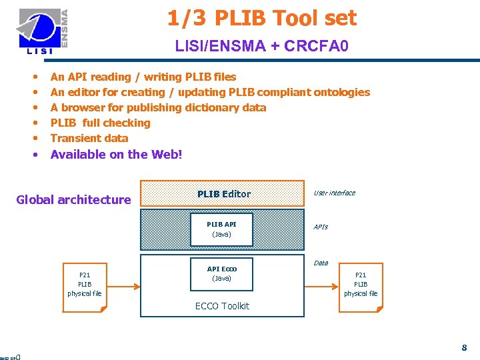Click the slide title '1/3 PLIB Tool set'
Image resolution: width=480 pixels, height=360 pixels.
pyautogui.click(x=262, y=19)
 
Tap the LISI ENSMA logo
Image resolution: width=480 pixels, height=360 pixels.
pyautogui.click(x=43, y=31)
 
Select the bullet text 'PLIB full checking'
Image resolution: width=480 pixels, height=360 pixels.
pyautogui.click(x=101, y=123)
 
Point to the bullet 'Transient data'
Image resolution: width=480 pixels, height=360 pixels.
pyautogui.click(x=89, y=138)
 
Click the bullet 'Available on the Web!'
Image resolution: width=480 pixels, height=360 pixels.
pyautogui.click(x=116, y=154)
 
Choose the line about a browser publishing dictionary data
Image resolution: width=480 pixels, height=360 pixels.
pyautogui.click(x=158, y=107)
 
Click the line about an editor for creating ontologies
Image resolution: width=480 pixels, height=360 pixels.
pyautogui.click(x=210, y=92)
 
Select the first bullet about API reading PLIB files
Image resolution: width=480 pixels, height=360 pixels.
pyautogui.click(x=143, y=77)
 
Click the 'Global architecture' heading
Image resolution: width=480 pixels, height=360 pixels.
pyautogui.click(x=73, y=199)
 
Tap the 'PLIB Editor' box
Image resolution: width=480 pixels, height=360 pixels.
pyautogui.click(x=223, y=194)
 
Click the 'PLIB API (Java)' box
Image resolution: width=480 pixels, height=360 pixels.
pyautogui.click(x=221, y=229)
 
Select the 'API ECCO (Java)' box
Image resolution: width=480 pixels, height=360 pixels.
pyautogui.click(x=221, y=273)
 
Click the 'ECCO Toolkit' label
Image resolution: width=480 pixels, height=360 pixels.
pyautogui.click(x=222, y=306)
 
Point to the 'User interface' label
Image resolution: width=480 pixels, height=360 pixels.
pyautogui.click(x=334, y=193)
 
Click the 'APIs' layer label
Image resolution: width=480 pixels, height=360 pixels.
pyautogui.click(x=321, y=227)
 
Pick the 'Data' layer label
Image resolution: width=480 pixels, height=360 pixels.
pyautogui.click(x=321, y=263)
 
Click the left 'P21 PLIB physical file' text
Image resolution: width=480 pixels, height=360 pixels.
pyautogui.click(x=85, y=284)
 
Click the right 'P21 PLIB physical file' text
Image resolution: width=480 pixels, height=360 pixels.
pyautogui.click(x=361, y=284)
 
